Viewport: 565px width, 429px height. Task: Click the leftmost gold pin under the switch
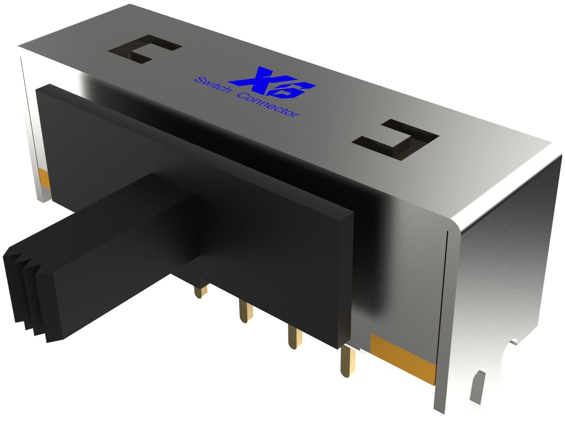coord(201,291)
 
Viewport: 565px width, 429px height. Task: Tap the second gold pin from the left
coord(246,311)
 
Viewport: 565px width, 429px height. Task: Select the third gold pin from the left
coord(295,337)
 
